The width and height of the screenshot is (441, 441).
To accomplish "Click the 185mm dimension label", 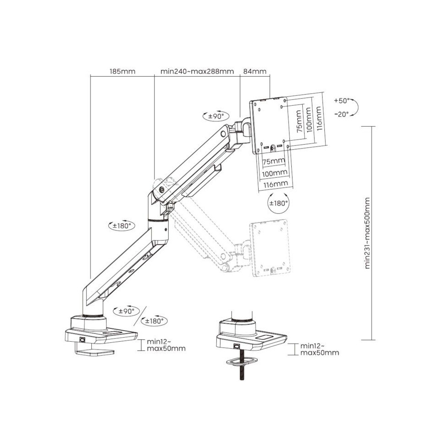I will (x=122, y=71).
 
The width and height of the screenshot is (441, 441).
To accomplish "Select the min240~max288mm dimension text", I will (x=197, y=71).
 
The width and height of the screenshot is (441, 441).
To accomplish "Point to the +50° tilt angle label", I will (x=342, y=100).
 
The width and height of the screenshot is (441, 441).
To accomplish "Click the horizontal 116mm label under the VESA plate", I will (x=275, y=184).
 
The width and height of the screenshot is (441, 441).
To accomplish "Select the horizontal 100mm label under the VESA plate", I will (x=275, y=173).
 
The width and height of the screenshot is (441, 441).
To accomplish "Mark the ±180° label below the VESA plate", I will (x=278, y=203).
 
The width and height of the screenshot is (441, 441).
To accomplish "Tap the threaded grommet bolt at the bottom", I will (x=241, y=374).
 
